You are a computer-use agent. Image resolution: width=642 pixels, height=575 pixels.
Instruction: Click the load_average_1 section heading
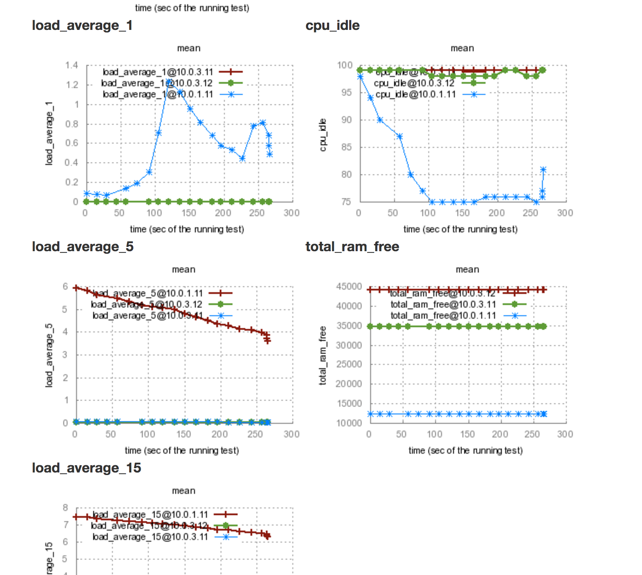82,26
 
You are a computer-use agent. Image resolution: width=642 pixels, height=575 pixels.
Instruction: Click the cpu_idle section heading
333,26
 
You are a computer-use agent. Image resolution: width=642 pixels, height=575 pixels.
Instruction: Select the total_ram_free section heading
352,247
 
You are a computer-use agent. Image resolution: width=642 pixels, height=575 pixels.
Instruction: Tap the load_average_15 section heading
86,468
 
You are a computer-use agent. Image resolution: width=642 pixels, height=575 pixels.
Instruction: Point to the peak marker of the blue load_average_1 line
170,82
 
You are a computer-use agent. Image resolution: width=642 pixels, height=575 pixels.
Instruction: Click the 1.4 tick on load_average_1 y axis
72,65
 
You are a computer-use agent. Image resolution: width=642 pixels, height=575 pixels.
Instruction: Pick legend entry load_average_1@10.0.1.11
158,94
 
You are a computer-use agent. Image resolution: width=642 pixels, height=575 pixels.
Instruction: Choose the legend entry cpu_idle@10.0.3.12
414,83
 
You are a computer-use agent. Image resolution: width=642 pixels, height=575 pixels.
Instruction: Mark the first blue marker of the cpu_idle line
360,76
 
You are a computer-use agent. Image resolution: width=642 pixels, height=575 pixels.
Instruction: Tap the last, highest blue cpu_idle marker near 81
543,170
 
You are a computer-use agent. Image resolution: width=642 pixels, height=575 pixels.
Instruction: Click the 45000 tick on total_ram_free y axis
349,287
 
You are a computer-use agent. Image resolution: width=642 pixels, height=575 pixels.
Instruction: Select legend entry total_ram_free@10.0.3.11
443,305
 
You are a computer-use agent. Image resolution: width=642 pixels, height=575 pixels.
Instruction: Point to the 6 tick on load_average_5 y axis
65,287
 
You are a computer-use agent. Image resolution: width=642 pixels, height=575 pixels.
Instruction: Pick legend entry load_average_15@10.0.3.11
150,537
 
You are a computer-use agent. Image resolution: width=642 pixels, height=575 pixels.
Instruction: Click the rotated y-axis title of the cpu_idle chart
323,135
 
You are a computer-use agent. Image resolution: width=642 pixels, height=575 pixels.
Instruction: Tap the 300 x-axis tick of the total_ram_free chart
565,434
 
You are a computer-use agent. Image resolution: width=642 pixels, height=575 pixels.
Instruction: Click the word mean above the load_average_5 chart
184,270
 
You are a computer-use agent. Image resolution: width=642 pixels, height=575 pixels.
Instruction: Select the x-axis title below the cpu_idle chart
460,229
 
